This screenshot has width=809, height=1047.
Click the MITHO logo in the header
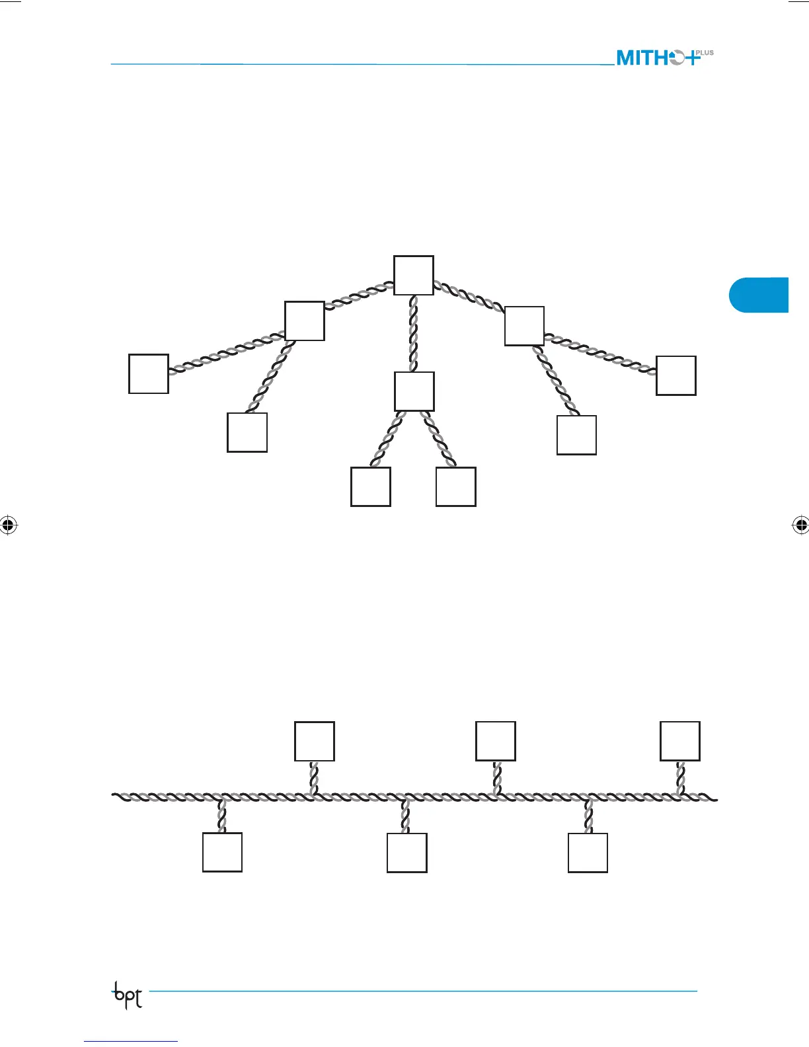[x=658, y=58]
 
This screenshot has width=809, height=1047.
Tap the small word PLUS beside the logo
[x=705, y=53]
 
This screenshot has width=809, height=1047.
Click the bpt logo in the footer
[x=127, y=995]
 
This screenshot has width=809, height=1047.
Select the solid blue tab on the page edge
[x=759, y=295]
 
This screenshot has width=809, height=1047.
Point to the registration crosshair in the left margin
[x=8, y=525]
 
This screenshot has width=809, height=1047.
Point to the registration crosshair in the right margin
[x=800, y=525]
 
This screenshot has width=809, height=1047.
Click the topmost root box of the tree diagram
[x=414, y=275]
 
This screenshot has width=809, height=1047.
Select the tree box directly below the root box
[x=414, y=391]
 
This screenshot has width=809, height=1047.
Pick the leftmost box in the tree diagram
[x=149, y=374]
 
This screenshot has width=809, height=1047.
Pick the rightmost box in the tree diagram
[x=676, y=375]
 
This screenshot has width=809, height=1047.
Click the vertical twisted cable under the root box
[x=414, y=333]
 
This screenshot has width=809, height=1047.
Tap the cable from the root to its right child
[x=469, y=297]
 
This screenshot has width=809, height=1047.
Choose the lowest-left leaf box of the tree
[x=371, y=486]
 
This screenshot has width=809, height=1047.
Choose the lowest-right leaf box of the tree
[x=456, y=486]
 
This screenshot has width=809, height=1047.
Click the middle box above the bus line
[x=496, y=742]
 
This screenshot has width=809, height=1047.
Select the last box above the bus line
[x=680, y=742]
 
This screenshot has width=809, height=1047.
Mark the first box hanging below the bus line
[x=222, y=853]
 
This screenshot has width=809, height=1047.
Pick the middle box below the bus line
[x=407, y=853]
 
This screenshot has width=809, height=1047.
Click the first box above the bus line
[x=315, y=742]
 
